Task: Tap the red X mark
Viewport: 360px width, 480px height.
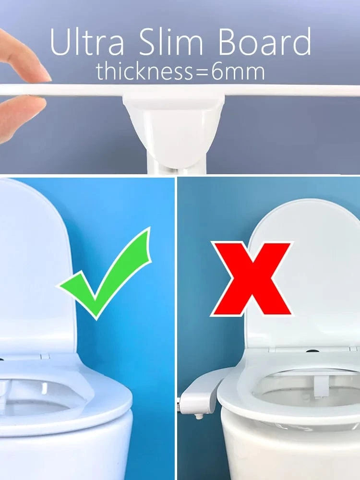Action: pyautogui.click(x=252, y=278)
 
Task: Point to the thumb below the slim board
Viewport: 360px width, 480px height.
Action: pyautogui.click(x=19, y=115)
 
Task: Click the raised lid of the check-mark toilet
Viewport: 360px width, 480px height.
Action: pyautogui.click(x=34, y=269)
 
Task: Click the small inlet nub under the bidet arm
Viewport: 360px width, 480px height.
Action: pyautogui.click(x=198, y=416)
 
